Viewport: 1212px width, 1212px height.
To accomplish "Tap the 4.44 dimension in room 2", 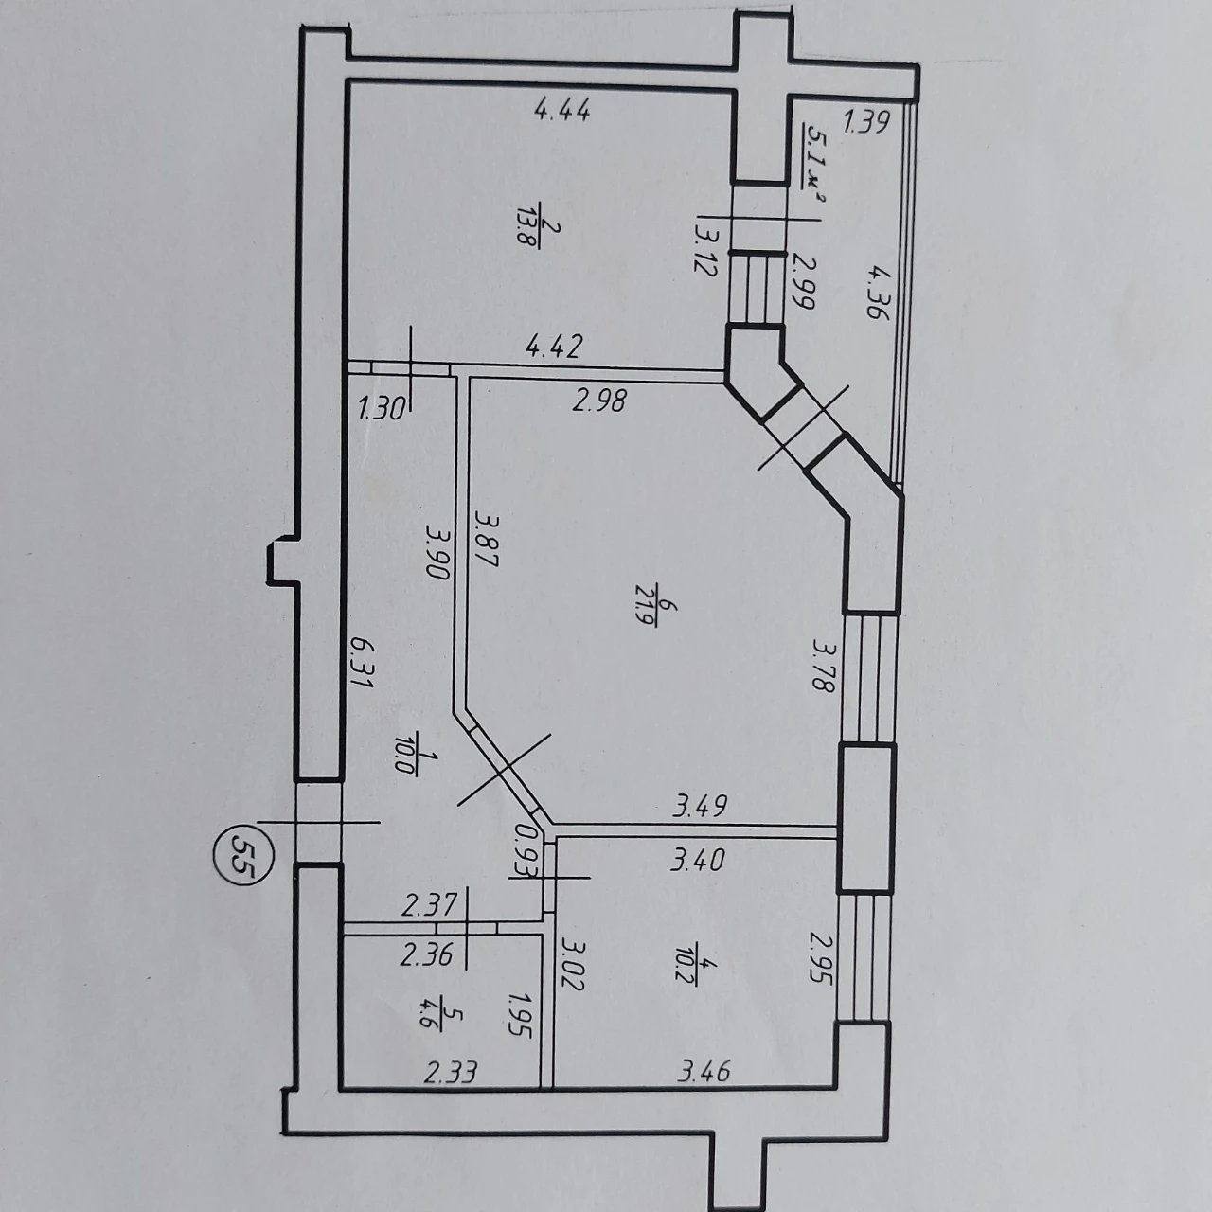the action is (562, 111).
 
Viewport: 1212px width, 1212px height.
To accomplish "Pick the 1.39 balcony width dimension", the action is (866, 121).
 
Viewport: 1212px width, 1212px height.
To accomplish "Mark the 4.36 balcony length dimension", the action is (879, 293).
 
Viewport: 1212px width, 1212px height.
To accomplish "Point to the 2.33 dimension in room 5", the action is (451, 1073).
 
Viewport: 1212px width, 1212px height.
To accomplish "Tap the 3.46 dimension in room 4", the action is (704, 1070).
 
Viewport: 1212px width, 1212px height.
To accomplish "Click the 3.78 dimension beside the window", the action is (823, 666).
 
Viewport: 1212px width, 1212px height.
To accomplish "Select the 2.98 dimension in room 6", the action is (598, 400).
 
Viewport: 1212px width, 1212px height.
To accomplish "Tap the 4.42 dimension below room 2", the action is (555, 346).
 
